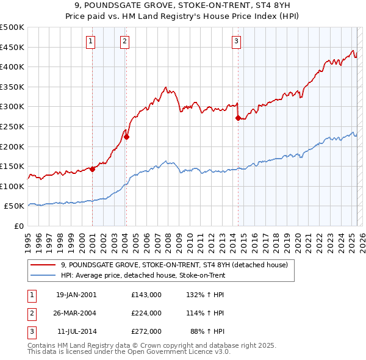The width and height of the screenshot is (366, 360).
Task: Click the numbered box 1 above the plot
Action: (90, 41)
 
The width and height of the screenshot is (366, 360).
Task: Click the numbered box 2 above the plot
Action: (124, 41)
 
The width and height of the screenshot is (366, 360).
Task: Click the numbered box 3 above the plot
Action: (236, 41)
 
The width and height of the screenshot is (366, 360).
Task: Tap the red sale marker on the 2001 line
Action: (92, 169)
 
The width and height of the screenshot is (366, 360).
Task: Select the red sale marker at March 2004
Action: (126, 137)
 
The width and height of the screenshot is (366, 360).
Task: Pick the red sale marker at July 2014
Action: (238, 118)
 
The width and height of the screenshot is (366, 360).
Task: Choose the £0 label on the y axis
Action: (19, 226)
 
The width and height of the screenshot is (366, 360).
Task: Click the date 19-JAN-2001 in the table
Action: (76, 295)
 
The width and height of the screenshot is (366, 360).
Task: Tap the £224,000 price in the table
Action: (146, 313)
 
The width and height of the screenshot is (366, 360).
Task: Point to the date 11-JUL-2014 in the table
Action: (76, 331)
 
